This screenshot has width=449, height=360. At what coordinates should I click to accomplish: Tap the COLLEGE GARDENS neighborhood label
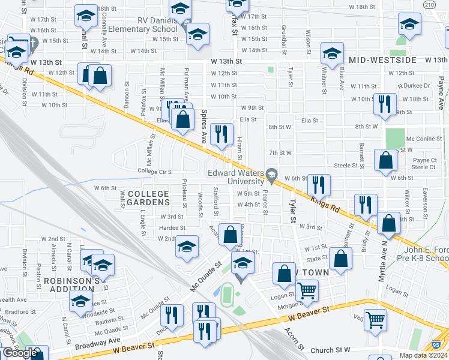pyautogui.click(x=148, y=198)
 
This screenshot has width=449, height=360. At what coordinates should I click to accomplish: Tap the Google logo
pyautogui.click(x=19, y=353)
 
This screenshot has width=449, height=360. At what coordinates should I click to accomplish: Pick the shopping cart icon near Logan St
pyautogui.click(x=307, y=291)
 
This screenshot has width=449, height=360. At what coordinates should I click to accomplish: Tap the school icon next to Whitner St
pyautogui.click(x=331, y=53)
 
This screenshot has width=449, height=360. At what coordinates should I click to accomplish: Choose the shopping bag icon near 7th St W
pyautogui.click(x=385, y=160)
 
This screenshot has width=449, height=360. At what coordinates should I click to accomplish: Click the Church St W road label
pyautogui.click(x=330, y=350)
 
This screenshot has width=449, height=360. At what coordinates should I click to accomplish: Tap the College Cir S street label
pyautogui.click(x=155, y=172)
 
